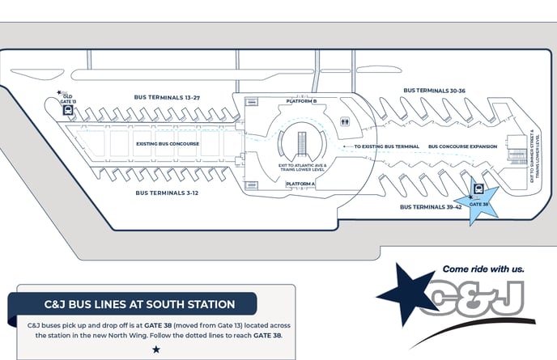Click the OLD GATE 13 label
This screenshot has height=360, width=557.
pyautogui.click(x=69, y=99)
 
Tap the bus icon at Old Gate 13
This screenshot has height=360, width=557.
pyautogui.click(x=69, y=112)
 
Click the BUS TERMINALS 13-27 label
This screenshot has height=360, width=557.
pyautogui.click(x=168, y=97)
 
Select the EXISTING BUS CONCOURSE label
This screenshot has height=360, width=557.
pyautogui.click(x=168, y=144)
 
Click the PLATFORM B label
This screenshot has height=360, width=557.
pyautogui.click(x=301, y=102)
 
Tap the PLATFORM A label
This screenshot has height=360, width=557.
pyautogui.click(x=300, y=184)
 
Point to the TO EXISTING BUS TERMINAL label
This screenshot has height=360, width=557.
pyautogui.click(x=387, y=146)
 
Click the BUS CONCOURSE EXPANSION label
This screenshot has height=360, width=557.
pyautogui.click(x=462, y=146)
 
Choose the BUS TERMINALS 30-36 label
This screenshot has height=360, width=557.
pyautogui.click(x=434, y=90)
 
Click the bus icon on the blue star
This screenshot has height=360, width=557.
pyautogui.click(x=479, y=193)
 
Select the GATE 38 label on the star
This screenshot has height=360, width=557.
pyautogui.click(x=478, y=204)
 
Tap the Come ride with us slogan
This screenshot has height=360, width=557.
pyautogui.click(x=483, y=269)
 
